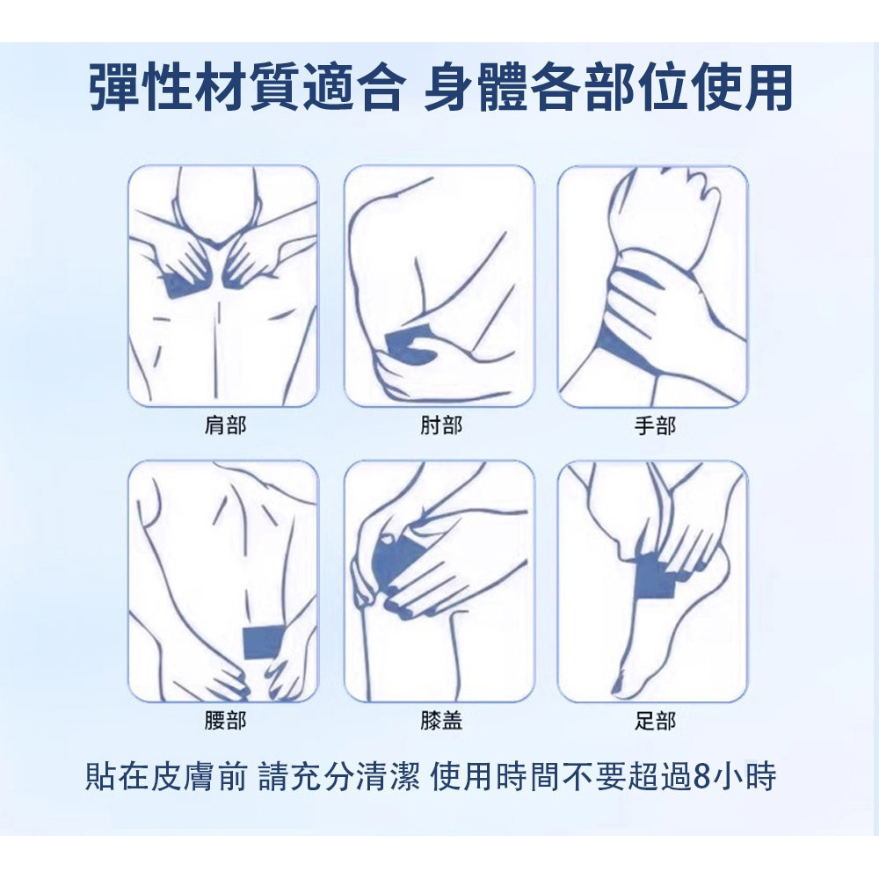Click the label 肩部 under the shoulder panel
(x=225, y=426)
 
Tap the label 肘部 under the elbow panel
(x=440, y=426)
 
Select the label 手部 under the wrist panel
(x=655, y=426)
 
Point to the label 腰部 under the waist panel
(x=225, y=722)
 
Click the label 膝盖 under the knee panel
(x=440, y=722)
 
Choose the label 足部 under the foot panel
(x=655, y=722)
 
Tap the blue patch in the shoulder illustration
(x=181, y=285)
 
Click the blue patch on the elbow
(x=409, y=345)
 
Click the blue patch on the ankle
(x=655, y=577)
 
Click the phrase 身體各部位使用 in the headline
(x=608, y=89)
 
